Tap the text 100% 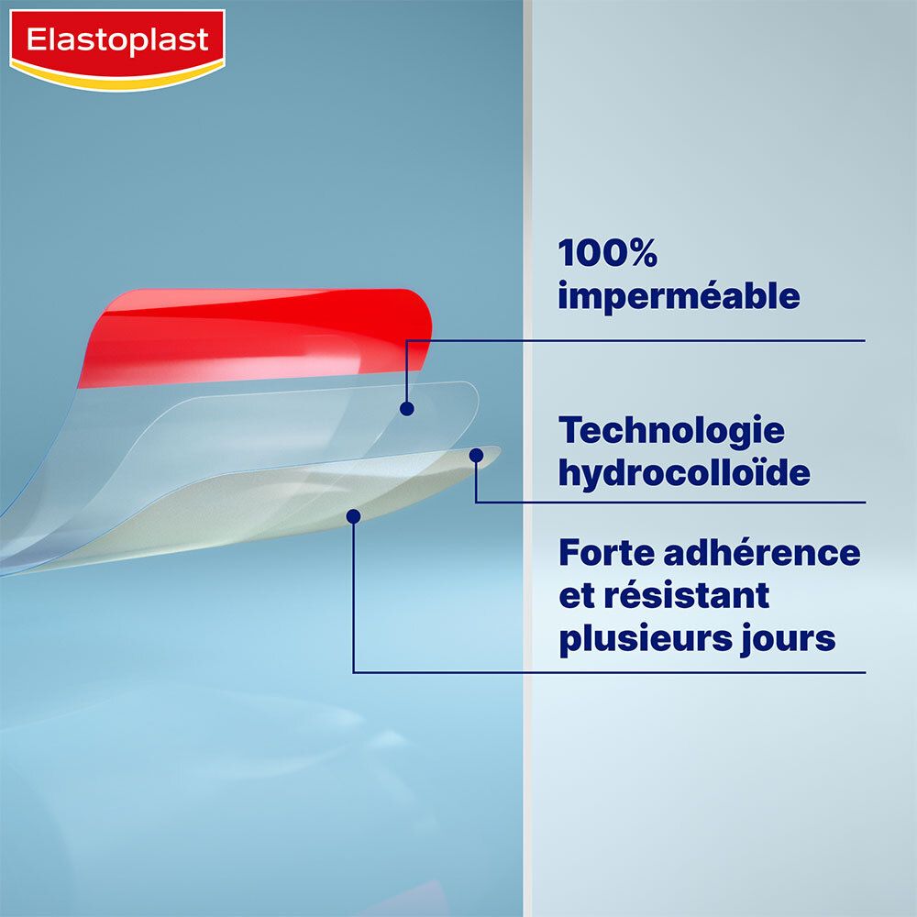tap(607, 253)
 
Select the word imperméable tap(679, 297)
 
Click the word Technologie tap(671, 430)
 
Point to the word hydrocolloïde tap(684, 473)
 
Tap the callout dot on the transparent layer tap(407, 409)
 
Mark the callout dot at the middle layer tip tap(476, 455)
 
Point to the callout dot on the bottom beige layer tap(353, 516)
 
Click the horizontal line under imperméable tap(642, 341)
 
